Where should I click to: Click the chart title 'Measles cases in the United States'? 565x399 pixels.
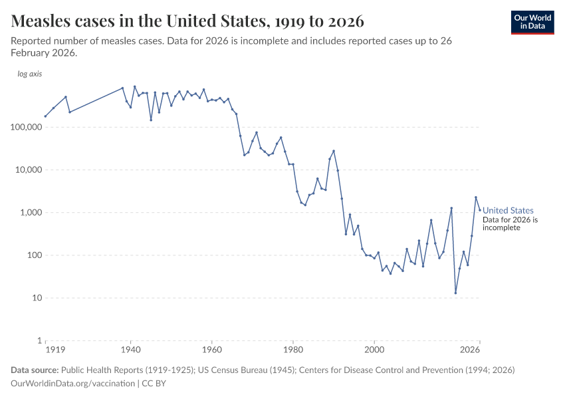[x=187, y=21]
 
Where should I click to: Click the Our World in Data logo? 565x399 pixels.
[x=532, y=22]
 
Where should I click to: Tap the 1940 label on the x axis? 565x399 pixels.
[x=130, y=350]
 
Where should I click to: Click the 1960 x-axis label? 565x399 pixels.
[x=211, y=350]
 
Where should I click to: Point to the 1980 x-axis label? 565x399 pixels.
[x=293, y=350]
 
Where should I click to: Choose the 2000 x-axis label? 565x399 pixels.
[x=374, y=350]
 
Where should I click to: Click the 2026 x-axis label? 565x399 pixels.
[x=471, y=350]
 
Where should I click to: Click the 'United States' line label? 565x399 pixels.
[x=508, y=211]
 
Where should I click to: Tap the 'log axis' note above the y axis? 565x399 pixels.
[x=30, y=74]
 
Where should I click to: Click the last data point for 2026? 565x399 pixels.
[x=480, y=210]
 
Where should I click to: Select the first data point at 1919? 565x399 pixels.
[x=45, y=116]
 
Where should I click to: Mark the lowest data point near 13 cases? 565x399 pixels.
[x=455, y=293]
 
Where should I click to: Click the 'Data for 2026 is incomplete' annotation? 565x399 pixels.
[x=510, y=223]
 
